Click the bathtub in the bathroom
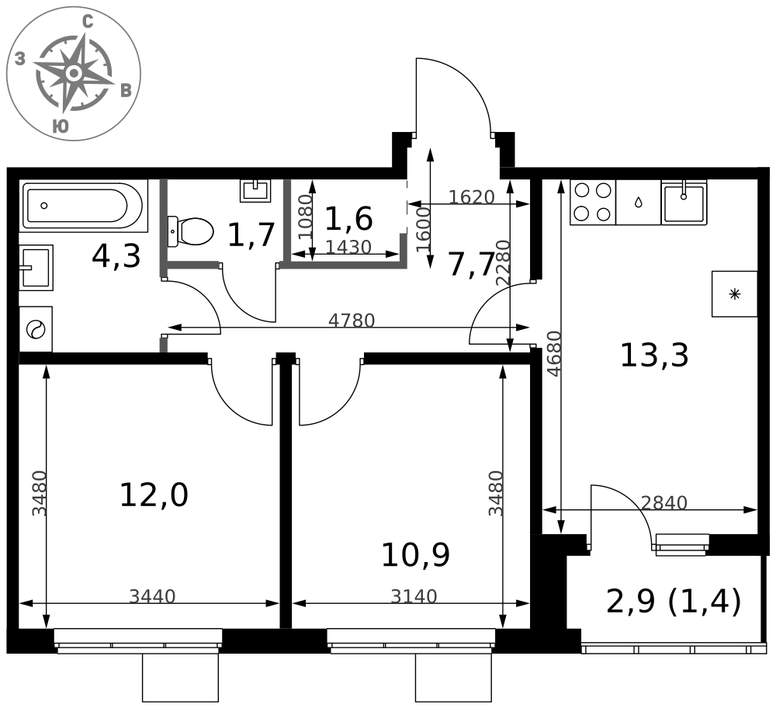84,206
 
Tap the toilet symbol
191,231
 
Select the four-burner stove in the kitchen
592,202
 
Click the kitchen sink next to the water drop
684,202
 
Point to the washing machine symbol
36,329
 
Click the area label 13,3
653,355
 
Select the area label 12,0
154,495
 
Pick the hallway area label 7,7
471,265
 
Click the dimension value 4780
352,321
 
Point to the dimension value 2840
664,503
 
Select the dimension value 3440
152,597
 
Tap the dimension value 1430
349,247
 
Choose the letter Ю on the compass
61,127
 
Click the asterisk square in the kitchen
734,294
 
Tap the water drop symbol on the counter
638,202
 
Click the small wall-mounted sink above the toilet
255,190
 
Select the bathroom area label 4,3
116,256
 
